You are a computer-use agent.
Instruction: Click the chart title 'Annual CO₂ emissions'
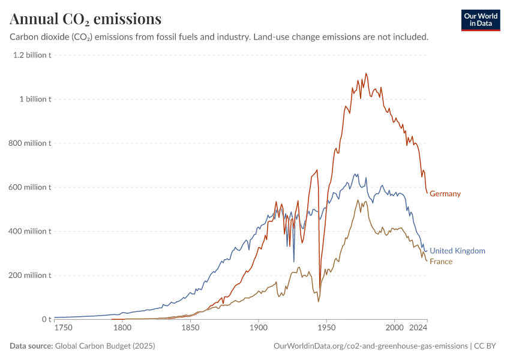point(86,19)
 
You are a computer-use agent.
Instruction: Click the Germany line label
point(445,194)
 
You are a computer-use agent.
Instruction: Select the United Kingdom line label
point(457,251)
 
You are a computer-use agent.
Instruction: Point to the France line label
point(441,262)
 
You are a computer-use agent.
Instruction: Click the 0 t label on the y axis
point(46,319)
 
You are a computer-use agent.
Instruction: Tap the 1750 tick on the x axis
point(62,328)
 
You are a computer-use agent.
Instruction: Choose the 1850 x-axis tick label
point(190,328)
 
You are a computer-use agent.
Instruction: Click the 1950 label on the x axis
point(326,328)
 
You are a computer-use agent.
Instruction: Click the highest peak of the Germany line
point(366,74)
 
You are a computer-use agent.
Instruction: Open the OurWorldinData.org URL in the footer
point(370,346)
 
